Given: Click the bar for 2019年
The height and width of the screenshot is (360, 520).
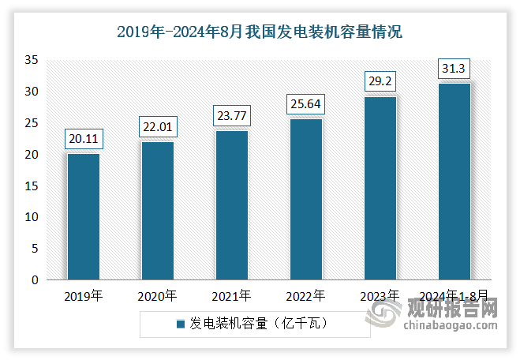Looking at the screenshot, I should [84, 216].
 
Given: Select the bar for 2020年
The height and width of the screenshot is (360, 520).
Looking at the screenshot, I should [158, 211].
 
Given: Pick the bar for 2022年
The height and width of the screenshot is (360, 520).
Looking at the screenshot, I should [305, 199].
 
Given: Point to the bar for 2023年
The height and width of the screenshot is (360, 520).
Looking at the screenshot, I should [380, 188].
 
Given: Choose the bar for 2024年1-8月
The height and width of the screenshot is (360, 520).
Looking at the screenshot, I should [454, 182].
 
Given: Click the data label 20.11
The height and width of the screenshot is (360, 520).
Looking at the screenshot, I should [84, 139].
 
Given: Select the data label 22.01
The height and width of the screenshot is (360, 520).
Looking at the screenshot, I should [158, 127].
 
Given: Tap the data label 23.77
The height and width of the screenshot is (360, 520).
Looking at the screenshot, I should [231, 116].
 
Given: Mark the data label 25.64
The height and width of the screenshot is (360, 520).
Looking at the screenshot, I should [305, 104].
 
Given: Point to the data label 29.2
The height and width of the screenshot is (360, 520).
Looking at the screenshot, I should [380, 81].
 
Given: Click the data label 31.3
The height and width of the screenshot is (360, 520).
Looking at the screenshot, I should [454, 69].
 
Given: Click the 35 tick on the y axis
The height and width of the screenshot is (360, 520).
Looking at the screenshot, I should [32, 60].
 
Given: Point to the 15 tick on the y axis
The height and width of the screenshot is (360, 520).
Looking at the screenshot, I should [32, 186].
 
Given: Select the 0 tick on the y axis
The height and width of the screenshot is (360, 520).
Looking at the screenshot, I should [35, 279].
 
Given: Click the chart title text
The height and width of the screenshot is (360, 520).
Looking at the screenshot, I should [260, 32].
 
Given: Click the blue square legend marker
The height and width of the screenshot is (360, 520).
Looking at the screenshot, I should [180, 324].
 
